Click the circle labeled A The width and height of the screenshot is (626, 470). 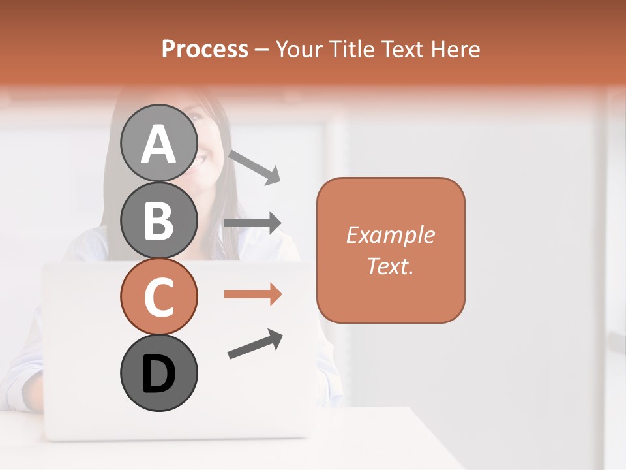pyautogui.click(x=158, y=143)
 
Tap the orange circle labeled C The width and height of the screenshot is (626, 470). pyautogui.click(x=158, y=296)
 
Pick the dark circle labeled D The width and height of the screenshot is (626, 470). pyautogui.click(x=158, y=373)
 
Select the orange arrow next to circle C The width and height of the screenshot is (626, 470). pyautogui.click(x=252, y=294)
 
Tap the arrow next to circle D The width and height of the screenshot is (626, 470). pyautogui.click(x=255, y=345)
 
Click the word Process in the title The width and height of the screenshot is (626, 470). pyautogui.click(x=205, y=50)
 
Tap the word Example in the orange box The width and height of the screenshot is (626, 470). pyautogui.click(x=390, y=235)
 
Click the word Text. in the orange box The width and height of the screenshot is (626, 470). pyautogui.click(x=390, y=266)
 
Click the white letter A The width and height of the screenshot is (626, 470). pyautogui.click(x=158, y=144)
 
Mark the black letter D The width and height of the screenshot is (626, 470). pyautogui.click(x=158, y=374)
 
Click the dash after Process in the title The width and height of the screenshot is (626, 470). pyautogui.click(x=262, y=50)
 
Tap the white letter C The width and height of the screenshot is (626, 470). pyautogui.click(x=158, y=298)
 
